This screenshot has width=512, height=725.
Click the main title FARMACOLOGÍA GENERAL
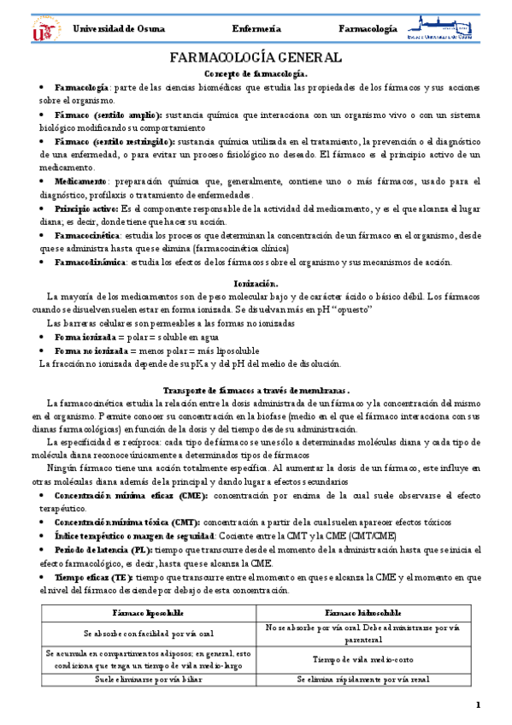coord(256,58)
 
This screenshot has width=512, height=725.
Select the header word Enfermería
coord(256,29)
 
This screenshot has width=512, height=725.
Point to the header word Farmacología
coord(368,29)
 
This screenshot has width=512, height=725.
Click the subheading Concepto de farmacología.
coord(256,74)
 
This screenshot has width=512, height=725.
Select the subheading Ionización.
coord(256,282)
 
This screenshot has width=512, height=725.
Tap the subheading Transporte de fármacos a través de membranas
coord(256,390)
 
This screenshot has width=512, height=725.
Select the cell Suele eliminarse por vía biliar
coord(142,680)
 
